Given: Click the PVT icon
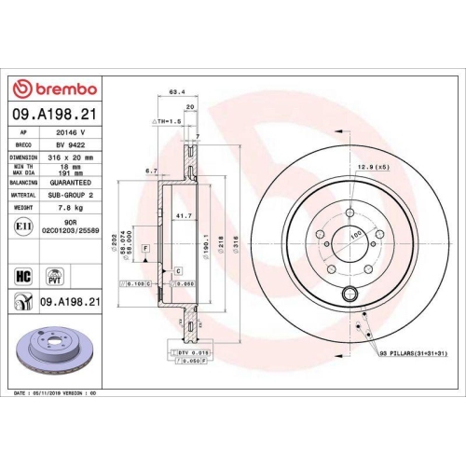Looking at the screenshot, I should pos(56,275).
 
